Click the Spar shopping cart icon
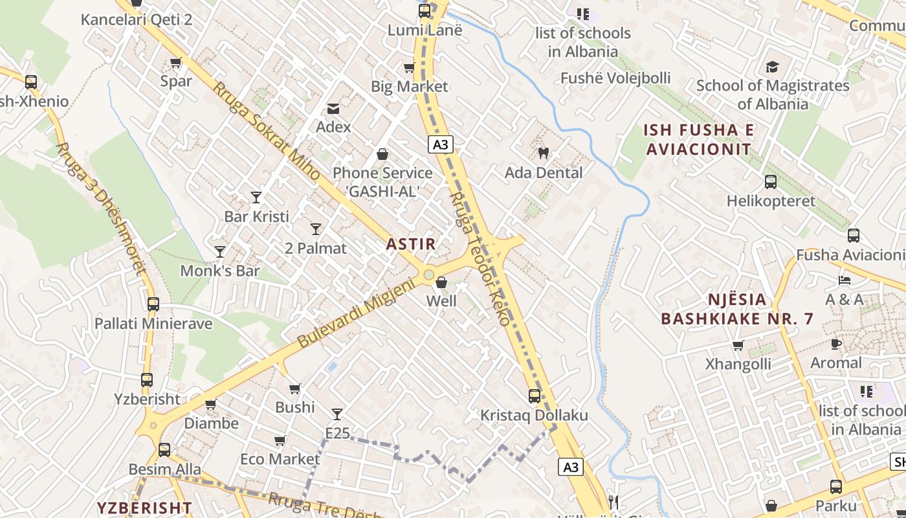[x=175, y=63]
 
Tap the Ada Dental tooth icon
[x=544, y=153]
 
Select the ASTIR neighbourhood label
[x=411, y=244]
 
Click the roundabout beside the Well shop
[x=428, y=276]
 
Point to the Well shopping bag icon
[x=441, y=282]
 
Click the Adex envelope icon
[x=333, y=108]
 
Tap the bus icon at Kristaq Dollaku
[x=535, y=396]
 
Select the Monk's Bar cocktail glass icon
[x=220, y=251]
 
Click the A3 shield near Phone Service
[x=440, y=144]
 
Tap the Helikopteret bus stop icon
[x=770, y=182]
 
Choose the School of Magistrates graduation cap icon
[x=772, y=67]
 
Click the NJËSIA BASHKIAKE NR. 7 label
[x=736, y=309]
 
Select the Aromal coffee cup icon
[x=836, y=344]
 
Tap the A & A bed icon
[x=845, y=280]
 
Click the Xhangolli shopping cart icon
[x=738, y=345]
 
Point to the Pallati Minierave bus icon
[x=153, y=304]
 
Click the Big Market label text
[x=409, y=86]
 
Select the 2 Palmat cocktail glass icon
[x=316, y=229]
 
